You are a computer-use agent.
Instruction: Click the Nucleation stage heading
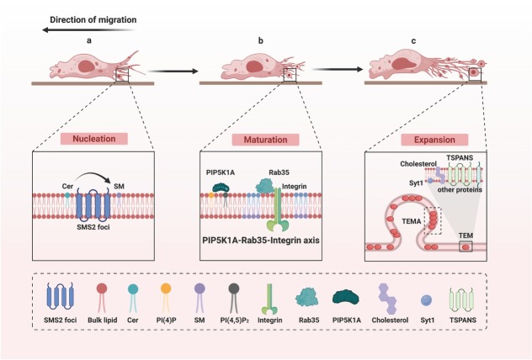[x=94, y=139]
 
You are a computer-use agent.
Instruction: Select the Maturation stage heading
[x=265, y=140]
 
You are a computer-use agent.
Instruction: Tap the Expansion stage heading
[x=434, y=140]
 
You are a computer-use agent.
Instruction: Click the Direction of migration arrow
[x=89, y=30]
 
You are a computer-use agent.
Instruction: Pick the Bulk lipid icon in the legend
[x=102, y=298]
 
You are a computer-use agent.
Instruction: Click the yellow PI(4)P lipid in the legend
[x=166, y=298]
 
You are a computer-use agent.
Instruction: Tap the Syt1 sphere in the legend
[x=426, y=300]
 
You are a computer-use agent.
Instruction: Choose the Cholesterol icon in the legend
[x=387, y=299]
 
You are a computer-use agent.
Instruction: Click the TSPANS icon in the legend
[x=462, y=299]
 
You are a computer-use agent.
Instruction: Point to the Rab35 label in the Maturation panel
[x=279, y=172]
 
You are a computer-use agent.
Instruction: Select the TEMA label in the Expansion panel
[x=412, y=221]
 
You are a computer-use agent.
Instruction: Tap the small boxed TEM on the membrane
[x=465, y=246]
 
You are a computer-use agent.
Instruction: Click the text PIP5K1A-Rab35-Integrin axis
[x=261, y=241]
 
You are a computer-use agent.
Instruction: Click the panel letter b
[x=261, y=41]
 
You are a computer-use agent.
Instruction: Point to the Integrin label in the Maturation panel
[x=295, y=187]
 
